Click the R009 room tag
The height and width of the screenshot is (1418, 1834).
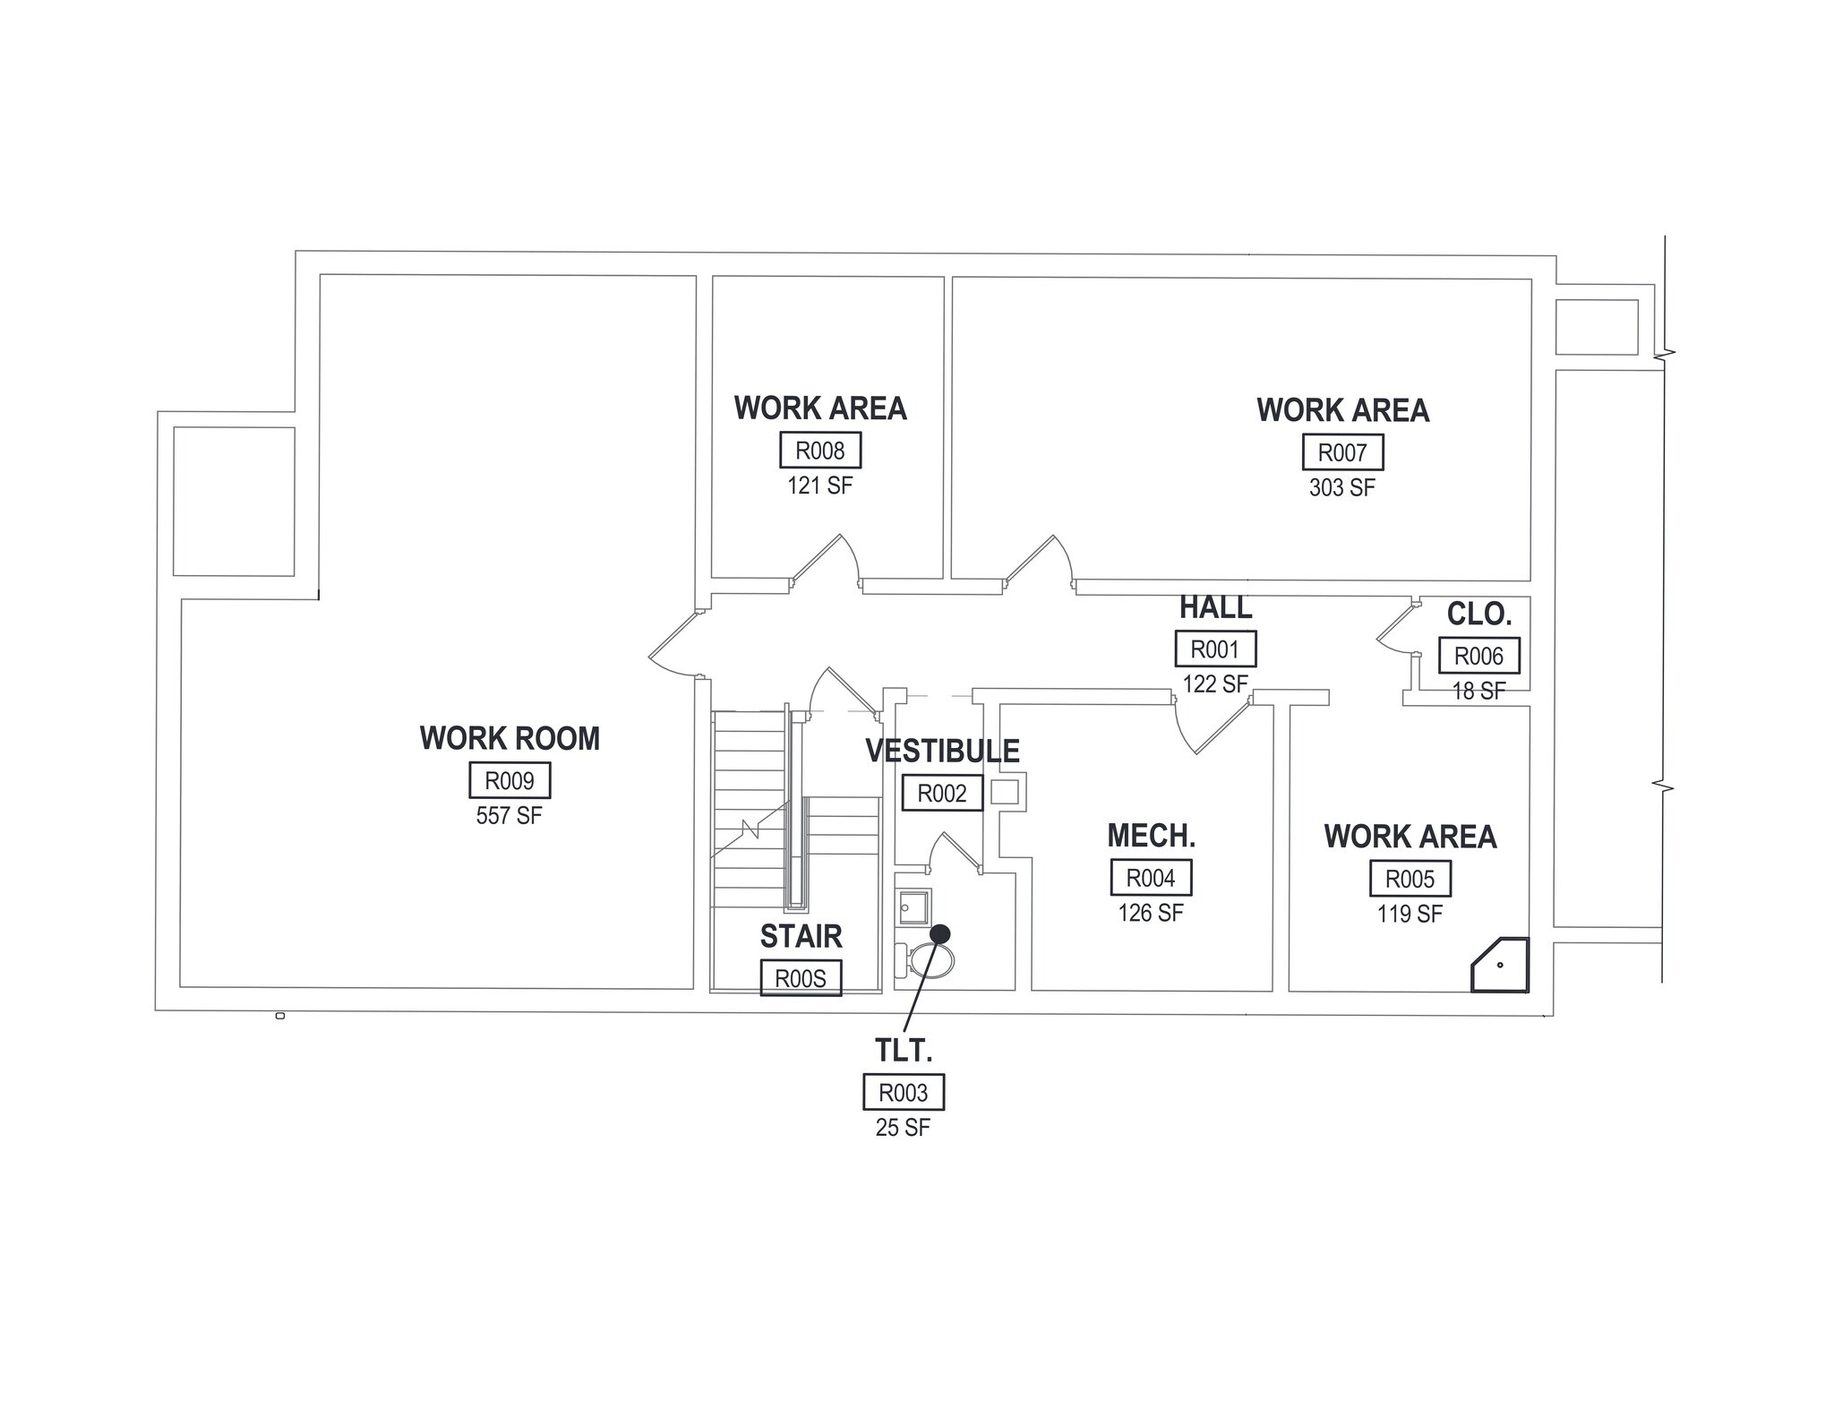click(510, 780)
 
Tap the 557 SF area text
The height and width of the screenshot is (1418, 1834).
click(509, 816)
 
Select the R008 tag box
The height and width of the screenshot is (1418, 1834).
click(819, 450)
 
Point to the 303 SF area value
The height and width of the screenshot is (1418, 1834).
click(1341, 488)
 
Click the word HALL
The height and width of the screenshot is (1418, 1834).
click(1215, 607)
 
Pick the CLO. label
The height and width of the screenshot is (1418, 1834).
click(1479, 614)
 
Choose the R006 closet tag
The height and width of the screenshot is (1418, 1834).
click(1478, 656)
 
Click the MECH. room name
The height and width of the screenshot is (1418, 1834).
click(1151, 836)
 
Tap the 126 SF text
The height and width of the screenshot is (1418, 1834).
click(1150, 913)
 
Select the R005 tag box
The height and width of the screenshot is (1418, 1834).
click(1410, 879)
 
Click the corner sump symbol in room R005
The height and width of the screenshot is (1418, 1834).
click(1502, 966)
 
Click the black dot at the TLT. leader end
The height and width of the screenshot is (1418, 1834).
click(939, 933)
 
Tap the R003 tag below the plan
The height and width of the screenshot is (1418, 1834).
click(903, 1092)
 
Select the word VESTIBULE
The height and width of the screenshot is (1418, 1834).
click(942, 751)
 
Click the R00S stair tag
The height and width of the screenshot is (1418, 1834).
click(801, 978)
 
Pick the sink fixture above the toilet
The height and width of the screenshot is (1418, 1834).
click(913, 907)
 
